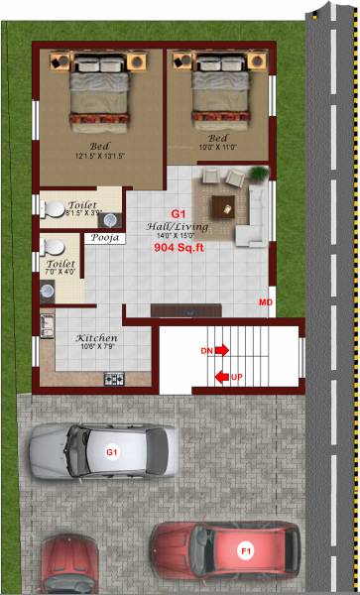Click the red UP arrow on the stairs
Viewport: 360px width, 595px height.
pyautogui.click(x=222, y=377)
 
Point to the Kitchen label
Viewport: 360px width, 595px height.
pyautogui.click(x=97, y=338)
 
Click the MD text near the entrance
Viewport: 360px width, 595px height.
pyautogui.click(x=266, y=301)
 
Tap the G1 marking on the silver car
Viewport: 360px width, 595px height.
pyautogui.click(x=112, y=452)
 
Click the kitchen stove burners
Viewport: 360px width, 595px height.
pyautogui.click(x=114, y=378)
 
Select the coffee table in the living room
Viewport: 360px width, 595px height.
pyautogui.click(x=221, y=208)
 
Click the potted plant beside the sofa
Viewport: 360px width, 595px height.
pyautogui.click(x=259, y=175)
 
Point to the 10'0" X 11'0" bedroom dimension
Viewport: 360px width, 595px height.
pyautogui.click(x=219, y=148)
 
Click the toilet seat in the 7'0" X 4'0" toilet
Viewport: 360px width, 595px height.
pyautogui.click(x=54, y=245)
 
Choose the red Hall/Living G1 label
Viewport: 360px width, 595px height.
pyautogui.click(x=179, y=213)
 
